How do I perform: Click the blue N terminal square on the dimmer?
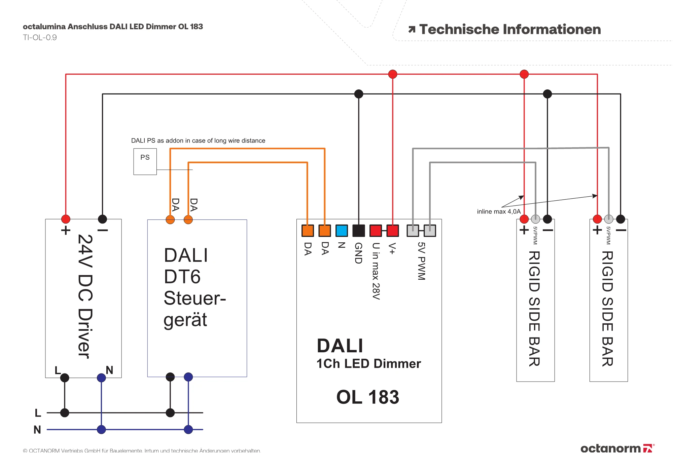pos(342,231)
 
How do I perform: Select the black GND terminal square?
pos(359,231)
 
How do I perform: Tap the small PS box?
pos(145,161)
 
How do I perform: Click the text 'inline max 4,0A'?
pos(499,211)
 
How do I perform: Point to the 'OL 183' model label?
pos(368,397)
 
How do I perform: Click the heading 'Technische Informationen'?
pos(510,29)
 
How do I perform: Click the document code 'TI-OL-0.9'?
pos(40,37)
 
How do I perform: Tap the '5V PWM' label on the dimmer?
pos(422,261)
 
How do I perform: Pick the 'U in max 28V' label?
pos(376,271)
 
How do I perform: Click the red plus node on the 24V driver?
pos(66,219)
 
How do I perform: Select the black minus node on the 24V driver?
pos(102,219)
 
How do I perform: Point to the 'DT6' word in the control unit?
pos(182,277)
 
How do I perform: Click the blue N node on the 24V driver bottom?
pos(101,378)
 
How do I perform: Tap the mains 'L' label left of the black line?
pos(38,413)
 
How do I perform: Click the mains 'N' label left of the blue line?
pos(37,430)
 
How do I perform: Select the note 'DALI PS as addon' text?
pos(198,141)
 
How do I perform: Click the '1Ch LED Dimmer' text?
pos(368,364)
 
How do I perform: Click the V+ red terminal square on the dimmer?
pos(393,231)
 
